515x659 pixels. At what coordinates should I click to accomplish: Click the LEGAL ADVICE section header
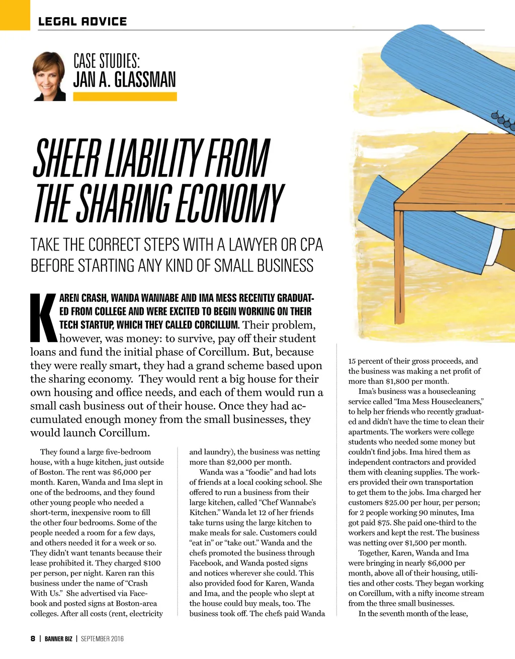[x=82, y=22]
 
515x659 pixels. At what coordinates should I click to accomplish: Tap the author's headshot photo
[x=49, y=76]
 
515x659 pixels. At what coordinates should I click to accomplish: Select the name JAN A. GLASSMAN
[x=124, y=80]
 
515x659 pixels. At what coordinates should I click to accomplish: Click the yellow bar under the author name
[x=125, y=97]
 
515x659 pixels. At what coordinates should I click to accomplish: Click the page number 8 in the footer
[x=33, y=639]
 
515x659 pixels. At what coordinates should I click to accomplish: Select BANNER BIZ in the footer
[x=58, y=639]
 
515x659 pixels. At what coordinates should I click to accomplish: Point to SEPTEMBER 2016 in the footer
[x=102, y=639]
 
